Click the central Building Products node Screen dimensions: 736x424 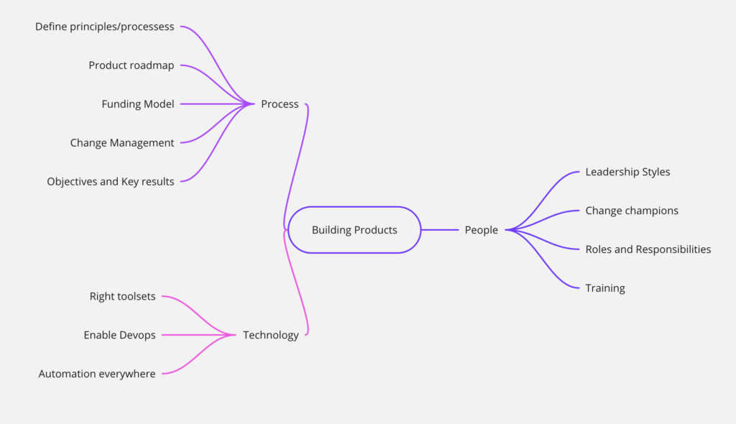point(354,230)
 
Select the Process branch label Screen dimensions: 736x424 point(280,103)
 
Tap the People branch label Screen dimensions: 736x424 point(481,230)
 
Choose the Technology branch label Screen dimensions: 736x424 point(270,335)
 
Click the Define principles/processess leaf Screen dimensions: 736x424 point(105,27)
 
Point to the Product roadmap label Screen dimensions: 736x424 point(132,65)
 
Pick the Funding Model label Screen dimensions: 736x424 point(138,103)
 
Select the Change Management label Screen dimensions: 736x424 point(122,143)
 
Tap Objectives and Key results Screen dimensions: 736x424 point(110,181)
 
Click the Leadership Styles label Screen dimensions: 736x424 point(627,172)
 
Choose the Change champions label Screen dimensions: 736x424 point(632,211)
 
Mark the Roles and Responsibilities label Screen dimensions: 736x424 point(648,249)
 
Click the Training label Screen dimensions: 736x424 point(605,288)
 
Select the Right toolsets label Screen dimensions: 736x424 point(122,296)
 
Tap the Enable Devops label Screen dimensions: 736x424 point(120,335)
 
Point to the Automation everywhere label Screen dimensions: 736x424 point(97,374)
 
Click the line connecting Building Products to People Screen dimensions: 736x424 point(440,230)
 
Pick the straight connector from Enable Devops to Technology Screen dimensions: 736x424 point(198,335)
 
